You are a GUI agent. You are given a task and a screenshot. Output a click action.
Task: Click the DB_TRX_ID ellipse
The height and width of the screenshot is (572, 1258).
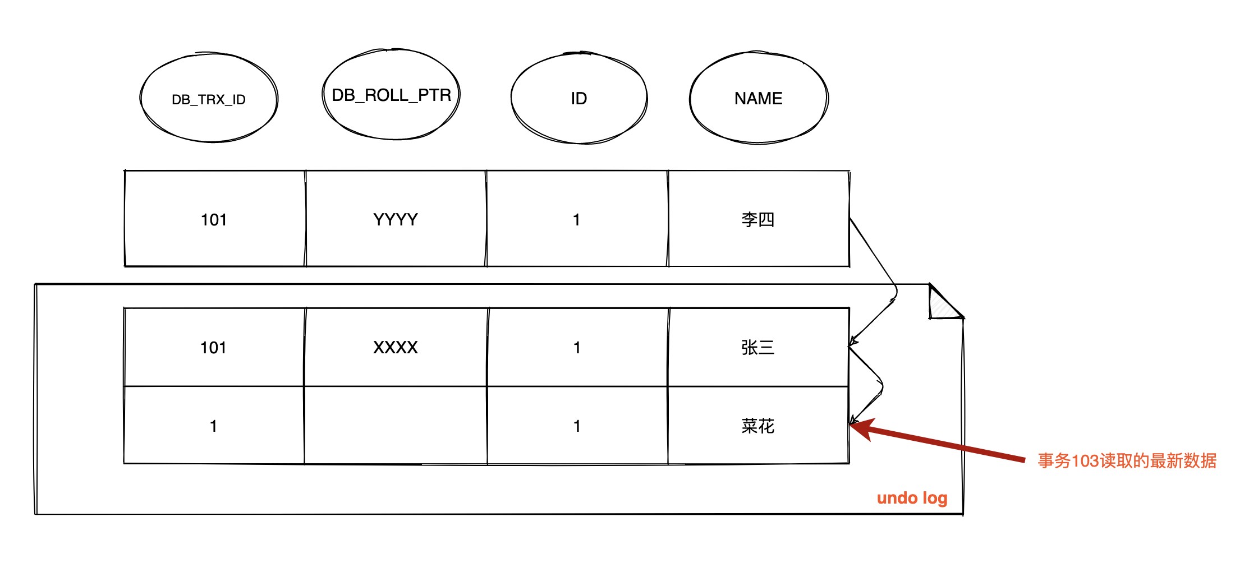[209, 99]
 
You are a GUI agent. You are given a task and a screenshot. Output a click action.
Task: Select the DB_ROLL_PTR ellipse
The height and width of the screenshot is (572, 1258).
[392, 95]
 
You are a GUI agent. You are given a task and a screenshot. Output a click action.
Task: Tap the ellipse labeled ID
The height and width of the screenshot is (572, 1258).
[579, 99]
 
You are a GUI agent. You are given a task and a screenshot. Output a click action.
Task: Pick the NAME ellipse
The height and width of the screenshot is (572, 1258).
[759, 99]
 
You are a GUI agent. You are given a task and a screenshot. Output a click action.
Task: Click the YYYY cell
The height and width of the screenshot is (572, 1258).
[396, 219]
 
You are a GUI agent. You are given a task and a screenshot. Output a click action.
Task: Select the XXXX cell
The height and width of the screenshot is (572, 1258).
[396, 347]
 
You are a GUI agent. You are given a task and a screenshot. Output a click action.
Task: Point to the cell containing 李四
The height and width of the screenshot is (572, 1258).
[758, 219]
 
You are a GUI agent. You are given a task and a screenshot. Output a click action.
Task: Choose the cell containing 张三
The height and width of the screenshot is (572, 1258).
[758, 347]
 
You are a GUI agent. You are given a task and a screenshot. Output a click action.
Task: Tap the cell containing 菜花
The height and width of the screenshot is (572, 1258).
[758, 426]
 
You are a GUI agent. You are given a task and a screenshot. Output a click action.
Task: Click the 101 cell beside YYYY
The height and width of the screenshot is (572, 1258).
[214, 219]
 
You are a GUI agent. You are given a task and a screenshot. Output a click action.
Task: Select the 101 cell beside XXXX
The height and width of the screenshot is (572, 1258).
[214, 347]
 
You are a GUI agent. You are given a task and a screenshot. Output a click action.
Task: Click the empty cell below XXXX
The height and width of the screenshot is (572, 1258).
[396, 426]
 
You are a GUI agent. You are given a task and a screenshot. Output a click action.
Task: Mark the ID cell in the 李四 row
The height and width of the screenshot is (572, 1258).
[577, 219]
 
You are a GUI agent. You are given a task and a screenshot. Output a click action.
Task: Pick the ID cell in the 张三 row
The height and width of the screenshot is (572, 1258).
[577, 347]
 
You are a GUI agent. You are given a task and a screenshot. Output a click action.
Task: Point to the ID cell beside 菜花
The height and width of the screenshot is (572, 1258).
[577, 426]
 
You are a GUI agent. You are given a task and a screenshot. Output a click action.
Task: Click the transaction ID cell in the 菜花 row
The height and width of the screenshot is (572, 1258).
[214, 426]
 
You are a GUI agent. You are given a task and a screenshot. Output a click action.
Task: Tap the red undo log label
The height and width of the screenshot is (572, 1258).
[912, 498]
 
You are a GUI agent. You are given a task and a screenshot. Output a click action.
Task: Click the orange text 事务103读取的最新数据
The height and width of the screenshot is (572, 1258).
[1127, 461]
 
